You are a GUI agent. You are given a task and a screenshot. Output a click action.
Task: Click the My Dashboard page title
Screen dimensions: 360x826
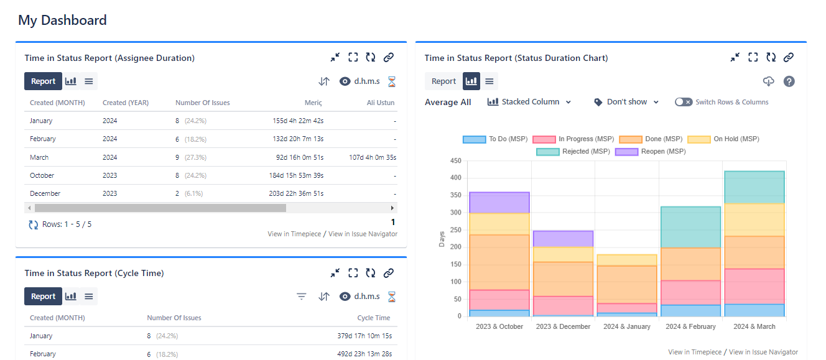click(62, 21)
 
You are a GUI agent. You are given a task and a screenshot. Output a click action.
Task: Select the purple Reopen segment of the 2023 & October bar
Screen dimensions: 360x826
click(499, 203)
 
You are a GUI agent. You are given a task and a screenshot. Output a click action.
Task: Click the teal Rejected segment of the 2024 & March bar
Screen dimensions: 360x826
click(754, 187)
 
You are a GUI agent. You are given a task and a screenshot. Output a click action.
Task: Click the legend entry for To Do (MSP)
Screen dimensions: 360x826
click(495, 139)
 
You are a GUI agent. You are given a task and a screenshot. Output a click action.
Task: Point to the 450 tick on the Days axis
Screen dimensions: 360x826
click(455, 161)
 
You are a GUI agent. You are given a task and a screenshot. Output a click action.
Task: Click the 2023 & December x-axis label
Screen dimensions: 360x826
click(563, 326)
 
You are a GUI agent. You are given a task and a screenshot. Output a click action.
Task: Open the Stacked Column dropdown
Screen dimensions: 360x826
click(529, 102)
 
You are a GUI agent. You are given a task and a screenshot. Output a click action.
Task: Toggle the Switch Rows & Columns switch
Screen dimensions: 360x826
click(684, 102)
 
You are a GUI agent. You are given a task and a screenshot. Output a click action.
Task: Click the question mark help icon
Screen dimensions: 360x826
click(789, 81)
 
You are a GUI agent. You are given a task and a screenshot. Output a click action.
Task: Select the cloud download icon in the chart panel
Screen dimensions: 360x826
click(769, 81)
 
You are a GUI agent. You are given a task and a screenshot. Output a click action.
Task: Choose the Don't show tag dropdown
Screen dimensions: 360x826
click(626, 102)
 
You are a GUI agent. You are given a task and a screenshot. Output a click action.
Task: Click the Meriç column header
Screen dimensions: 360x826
click(313, 103)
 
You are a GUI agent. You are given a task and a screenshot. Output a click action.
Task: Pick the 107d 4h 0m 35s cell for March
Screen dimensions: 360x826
click(373, 157)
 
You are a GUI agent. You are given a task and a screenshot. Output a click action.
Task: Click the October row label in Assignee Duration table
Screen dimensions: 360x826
click(42, 175)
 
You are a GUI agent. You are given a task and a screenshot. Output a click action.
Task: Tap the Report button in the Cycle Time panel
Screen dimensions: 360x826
click(43, 297)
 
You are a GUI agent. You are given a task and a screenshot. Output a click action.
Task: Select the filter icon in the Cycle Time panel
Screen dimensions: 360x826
click(302, 297)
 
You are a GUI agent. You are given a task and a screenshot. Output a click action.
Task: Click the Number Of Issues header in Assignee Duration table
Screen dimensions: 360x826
click(202, 103)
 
